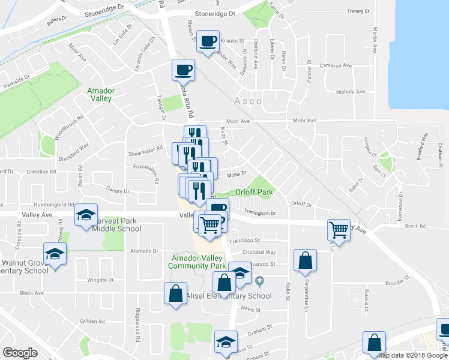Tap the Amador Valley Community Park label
[x=197, y=261]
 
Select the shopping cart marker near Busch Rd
[x=339, y=230]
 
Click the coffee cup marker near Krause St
[x=208, y=41]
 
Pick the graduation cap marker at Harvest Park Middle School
[x=86, y=214]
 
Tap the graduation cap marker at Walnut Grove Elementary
[x=55, y=253]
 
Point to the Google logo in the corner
[x=20, y=352]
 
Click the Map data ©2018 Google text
[x=412, y=356]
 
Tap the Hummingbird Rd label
[x=53, y=204]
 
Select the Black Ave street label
[x=32, y=293]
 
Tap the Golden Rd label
[x=92, y=321]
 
